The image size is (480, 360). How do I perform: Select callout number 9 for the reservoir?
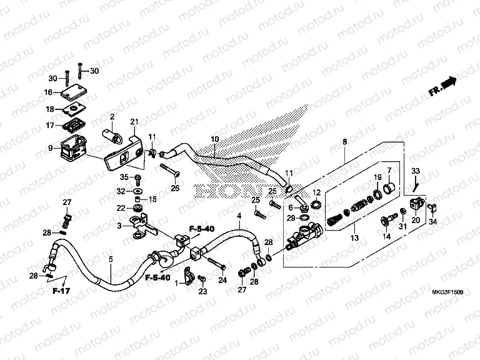[x=50, y=149]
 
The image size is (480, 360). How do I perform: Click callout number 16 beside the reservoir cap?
[x=48, y=92]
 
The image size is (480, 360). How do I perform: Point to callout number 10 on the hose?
[x=214, y=139]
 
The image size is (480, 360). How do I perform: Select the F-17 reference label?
[x=61, y=291]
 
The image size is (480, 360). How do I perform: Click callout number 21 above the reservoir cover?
[x=133, y=121]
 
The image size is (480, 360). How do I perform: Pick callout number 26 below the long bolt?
[x=175, y=189]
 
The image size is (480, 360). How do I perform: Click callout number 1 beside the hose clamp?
[x=177, y=283]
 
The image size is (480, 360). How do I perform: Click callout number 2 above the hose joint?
[x=112, y=117]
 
